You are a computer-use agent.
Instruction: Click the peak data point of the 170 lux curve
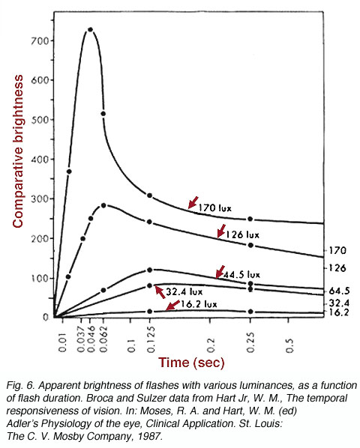click(90, 29)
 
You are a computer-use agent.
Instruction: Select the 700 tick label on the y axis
click(40, 41)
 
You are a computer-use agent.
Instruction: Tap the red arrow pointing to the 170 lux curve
click(193, 202)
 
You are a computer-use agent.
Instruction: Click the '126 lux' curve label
click(242, 234)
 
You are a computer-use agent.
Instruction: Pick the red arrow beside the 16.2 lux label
click(172, 305)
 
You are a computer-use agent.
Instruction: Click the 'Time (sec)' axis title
click(191, 363)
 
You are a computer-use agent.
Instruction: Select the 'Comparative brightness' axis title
click(17, 151)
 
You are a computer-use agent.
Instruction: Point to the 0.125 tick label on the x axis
click(151, 339)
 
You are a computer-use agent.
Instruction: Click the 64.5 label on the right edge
click(339, 291)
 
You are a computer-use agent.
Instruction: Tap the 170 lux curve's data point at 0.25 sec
click(250, 219)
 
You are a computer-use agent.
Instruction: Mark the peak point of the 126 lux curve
click(103, 205)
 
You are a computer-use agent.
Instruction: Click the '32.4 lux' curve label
click(184, 291)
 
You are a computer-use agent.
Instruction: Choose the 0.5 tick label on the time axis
click(289, 345)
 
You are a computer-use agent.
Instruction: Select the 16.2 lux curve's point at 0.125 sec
click(149, 311)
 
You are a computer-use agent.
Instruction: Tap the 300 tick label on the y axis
click(40, 199)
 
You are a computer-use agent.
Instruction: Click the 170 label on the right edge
click(337, 250)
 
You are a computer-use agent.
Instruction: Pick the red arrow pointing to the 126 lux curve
click(221, 231)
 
